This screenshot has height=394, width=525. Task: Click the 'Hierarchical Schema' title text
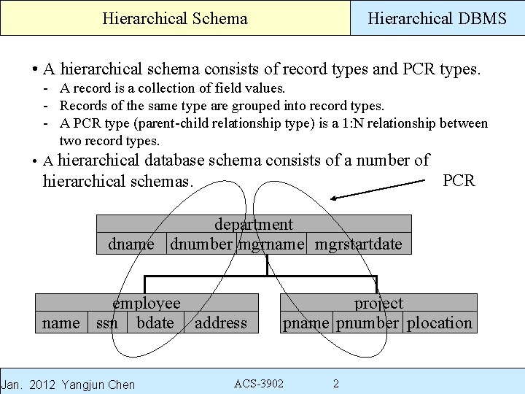click(175, 18)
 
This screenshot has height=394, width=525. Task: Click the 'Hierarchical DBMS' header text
click(437, 18)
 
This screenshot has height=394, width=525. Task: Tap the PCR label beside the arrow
click(459, 180)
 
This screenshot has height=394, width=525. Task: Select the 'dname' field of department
click(131, 244)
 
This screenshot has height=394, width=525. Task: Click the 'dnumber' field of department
click(201, 244)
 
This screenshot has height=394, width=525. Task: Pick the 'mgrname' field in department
click(271, 244)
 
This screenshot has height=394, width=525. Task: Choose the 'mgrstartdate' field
click(358, 244)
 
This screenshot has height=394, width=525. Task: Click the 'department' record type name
click(253, 225)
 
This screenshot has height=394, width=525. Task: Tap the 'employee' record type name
click(147, 303)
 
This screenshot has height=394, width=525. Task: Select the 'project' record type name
click(378, 303)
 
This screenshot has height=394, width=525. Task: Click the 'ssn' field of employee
click(107, 322)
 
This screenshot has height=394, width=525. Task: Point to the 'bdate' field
click(155, 322)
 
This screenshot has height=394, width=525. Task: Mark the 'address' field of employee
click(221, 322)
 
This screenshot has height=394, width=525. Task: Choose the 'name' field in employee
click(61, 322)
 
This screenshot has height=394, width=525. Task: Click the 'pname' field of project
click(306, 322)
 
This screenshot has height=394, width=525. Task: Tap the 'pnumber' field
click(367, 322)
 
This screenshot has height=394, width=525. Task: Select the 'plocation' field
click(440, 322)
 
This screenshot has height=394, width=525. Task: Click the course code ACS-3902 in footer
click(259, 384)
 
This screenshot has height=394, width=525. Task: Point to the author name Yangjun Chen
click(99, 385)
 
